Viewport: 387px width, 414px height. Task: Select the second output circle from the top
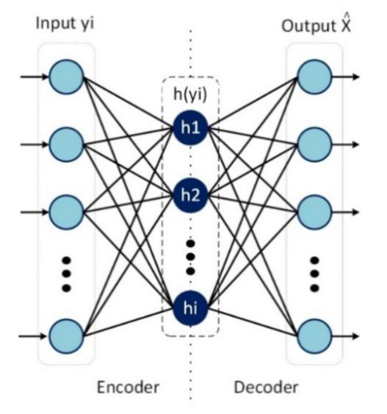[313, 141]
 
